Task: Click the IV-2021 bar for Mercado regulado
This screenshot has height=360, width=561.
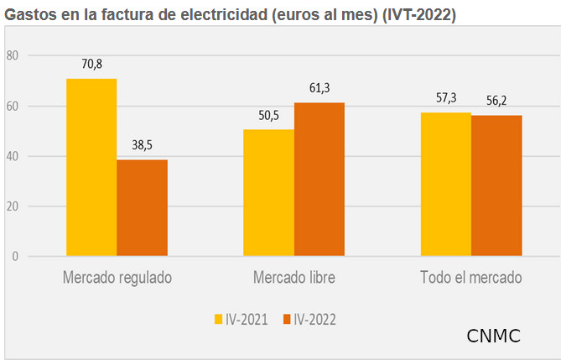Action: tap(91, 167)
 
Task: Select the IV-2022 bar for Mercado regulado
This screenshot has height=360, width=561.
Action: tap(142, 207)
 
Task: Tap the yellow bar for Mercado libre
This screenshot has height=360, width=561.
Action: tap(268, 192)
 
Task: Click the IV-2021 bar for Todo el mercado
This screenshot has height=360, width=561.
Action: tap(445, 184)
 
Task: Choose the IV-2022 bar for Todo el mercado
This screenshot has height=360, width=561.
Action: tap(496, 185)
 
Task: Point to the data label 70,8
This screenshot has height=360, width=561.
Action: tap(91, 64)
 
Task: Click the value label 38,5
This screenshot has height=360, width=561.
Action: tap(142, 144)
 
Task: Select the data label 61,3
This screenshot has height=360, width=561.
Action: tap(319, 87)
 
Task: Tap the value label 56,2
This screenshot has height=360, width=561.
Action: tap(496, 100)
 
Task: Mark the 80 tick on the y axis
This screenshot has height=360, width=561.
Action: tap(12, 55)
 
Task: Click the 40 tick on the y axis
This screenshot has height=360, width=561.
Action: tap(12, 156)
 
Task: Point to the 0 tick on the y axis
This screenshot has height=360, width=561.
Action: tap(15, 257)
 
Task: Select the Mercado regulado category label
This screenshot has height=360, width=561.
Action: tap(117, 277)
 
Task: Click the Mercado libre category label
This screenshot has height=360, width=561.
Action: tap(293, 277)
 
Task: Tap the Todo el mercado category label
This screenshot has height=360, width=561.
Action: tap(471, 277)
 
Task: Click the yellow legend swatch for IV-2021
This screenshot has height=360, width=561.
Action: tap(217, 319)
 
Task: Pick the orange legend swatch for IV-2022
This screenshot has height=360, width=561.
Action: tap(286, 319)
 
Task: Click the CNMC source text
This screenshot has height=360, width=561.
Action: tap(493, 337)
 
